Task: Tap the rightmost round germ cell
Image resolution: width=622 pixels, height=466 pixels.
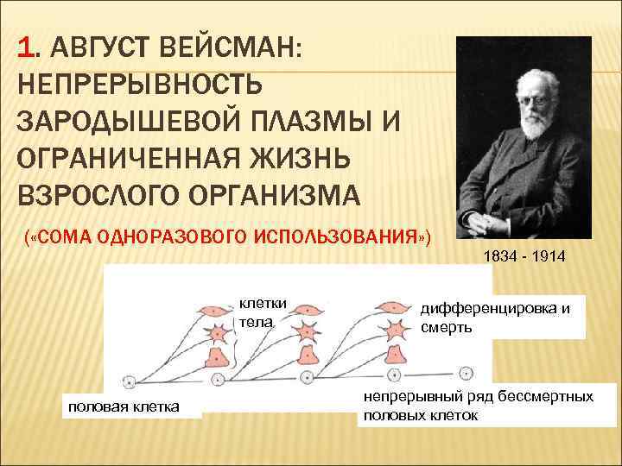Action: pos(466,374)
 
